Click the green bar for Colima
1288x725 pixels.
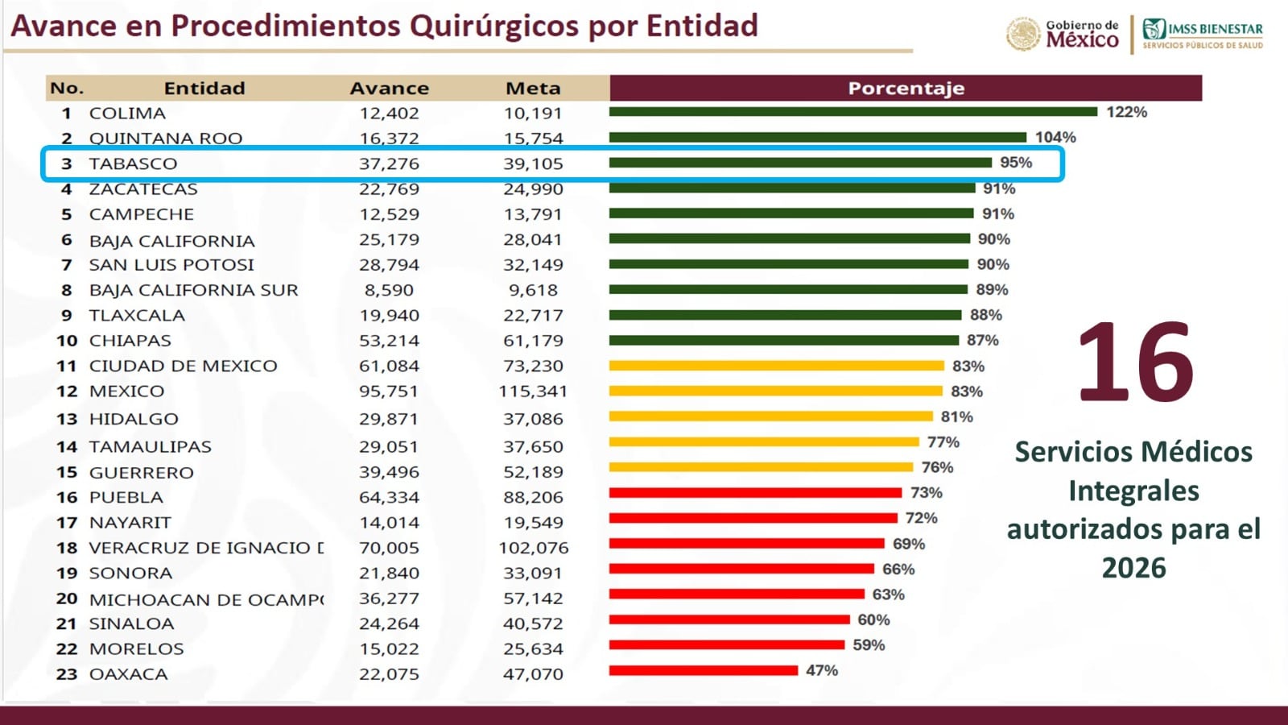[x=853, y=112]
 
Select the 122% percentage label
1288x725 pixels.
[x=1126, y=112]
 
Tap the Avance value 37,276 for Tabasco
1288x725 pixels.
[x=389, y=164]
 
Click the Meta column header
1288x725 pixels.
[x=533, y=88]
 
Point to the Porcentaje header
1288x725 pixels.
[x=906, y=88]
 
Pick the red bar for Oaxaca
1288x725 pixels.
[x=703, y=670]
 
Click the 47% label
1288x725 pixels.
[x=822, y=670]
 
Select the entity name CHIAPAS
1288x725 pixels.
[x=130, y=341]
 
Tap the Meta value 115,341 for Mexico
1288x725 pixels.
[x=533, y=391]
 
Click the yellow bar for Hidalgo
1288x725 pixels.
[x=770, y=416]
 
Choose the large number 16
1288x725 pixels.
[x=1135, y=362]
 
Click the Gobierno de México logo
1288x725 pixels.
[x=1063, y=34]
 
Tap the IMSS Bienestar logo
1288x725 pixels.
[x=1203, y=34]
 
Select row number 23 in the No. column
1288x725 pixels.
[x=67, y=674]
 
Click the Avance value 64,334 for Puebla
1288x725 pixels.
[x=389, y=497]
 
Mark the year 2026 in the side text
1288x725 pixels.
[x=1133, y=568]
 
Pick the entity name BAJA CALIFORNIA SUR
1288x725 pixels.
[x=193, y=290]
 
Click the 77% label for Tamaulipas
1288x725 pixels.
[x=943, y=442]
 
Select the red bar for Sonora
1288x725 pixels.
[x=741, y=569]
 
